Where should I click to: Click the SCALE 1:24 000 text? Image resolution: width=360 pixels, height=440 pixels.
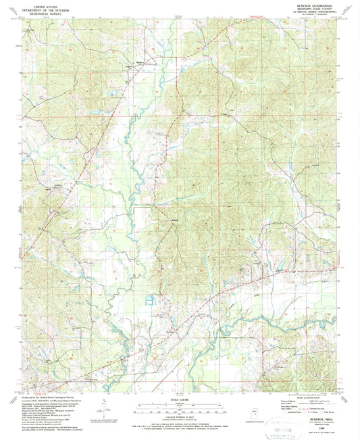180,400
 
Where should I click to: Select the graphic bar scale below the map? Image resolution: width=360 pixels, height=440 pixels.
180,408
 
